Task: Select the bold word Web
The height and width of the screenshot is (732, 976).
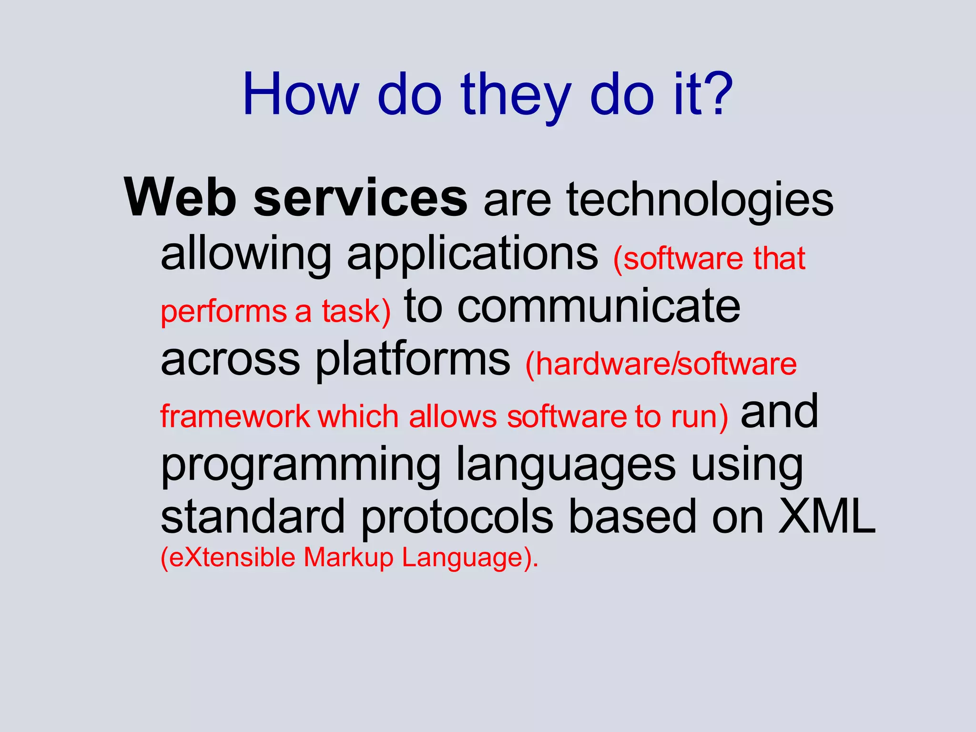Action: point(181,198)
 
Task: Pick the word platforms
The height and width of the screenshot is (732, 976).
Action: point(413,360)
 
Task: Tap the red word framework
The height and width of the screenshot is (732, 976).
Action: point(235,417)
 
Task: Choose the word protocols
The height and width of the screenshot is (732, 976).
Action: point(457,518)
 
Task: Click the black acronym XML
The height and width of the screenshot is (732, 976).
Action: point(826,517)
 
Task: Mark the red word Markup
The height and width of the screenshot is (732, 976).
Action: point(348,557)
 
